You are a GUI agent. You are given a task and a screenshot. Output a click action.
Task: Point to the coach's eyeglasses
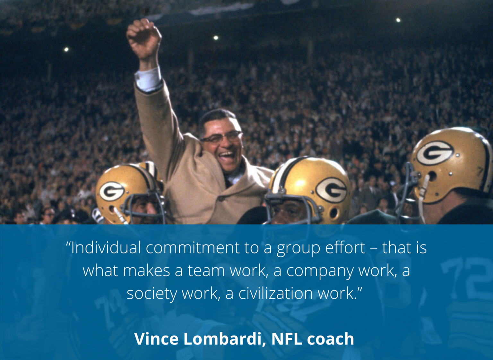tap(221, 138)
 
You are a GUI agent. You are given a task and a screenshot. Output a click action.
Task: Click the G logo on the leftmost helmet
tap(111, 191)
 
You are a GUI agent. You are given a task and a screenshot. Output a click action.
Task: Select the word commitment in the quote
tap(193, 248)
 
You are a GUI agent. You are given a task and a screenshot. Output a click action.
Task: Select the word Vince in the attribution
tap(156, 339)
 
